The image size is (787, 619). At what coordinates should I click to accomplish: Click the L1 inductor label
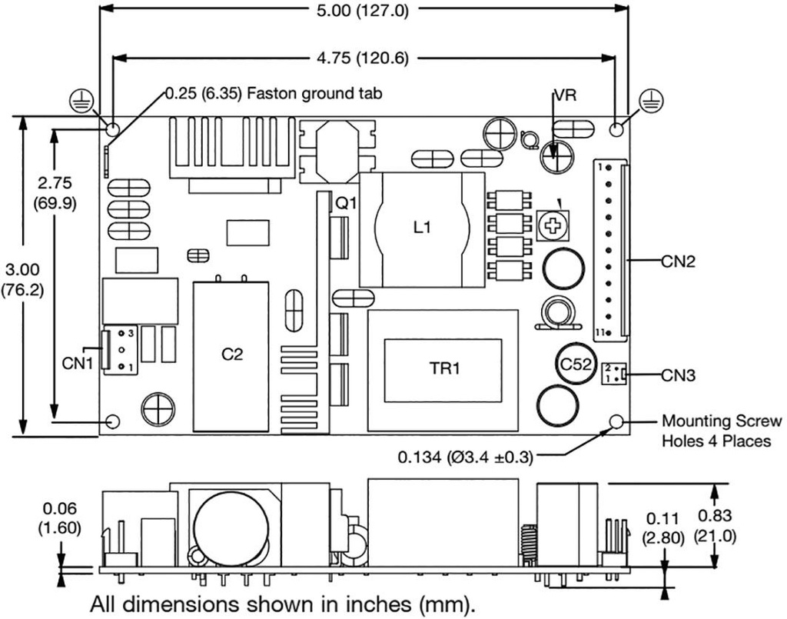coord(422,228)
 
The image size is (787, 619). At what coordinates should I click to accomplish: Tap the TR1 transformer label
coord(444,369)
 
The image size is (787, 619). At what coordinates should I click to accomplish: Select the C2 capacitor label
coord(231,354)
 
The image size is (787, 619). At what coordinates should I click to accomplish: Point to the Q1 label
coord(346,204)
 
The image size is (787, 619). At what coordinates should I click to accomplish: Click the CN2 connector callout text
coord(678,261)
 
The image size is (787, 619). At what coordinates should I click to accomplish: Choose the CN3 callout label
coord(678,376)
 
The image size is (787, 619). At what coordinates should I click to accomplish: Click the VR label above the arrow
coord(563,97)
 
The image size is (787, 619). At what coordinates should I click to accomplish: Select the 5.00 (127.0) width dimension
coord(365,12)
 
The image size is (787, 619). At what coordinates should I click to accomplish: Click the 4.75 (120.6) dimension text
coord(365,58)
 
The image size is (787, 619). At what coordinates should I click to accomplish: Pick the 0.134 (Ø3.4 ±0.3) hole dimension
coord(465,458)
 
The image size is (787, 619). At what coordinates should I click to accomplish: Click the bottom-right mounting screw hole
coord(616,421)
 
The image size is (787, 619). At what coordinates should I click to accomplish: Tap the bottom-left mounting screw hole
coord(112,421)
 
